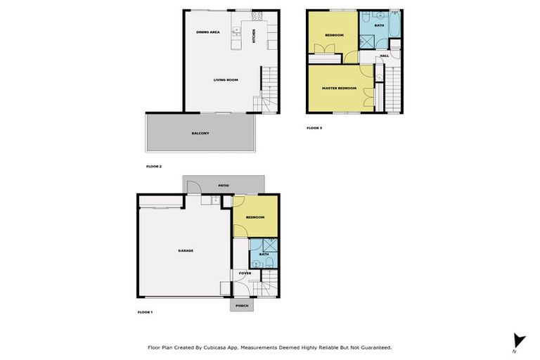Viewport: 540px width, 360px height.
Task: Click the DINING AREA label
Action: (x=208, y=32)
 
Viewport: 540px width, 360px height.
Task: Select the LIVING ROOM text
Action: (x=226, y=79)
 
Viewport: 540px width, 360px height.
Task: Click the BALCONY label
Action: (x=200, y=133)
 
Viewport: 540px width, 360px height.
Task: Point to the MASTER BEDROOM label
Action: (x=339, y=88)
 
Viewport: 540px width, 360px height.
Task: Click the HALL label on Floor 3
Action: (x=384, y=56)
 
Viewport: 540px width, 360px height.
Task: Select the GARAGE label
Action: (x=186, y=250)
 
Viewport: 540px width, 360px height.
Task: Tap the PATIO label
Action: (x=224, y=185)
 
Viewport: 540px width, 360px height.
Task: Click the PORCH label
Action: (x=242, y=306)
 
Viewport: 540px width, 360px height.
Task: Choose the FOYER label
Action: (x=245, y=273)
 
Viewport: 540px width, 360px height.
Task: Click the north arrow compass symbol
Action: (x=519, y=341)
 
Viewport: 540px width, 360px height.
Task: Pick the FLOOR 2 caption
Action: (x=154, y=167)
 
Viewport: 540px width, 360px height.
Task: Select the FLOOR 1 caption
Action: (x=145, y=311)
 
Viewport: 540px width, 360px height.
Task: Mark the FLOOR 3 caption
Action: (x=314, y=128)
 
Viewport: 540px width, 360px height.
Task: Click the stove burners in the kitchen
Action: (x=257, y=15)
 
